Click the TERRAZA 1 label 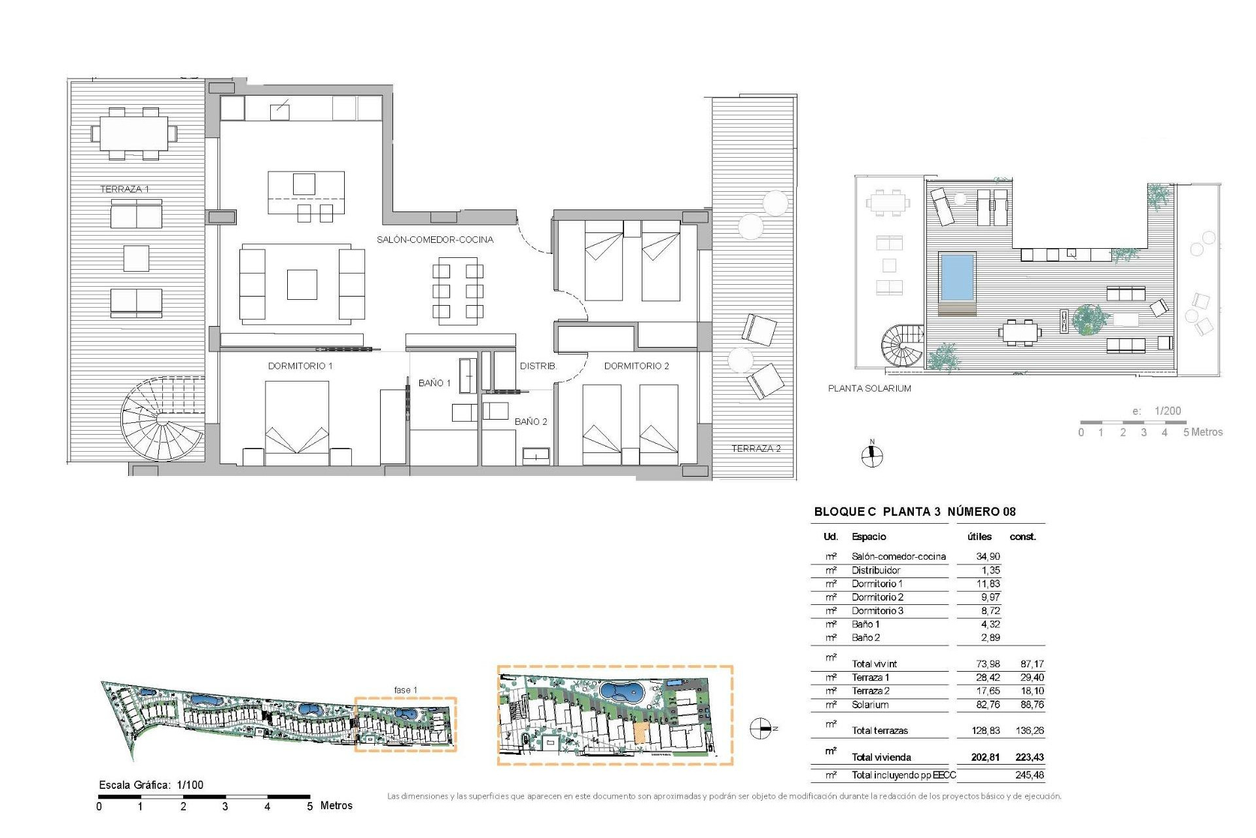(x=124, y=189)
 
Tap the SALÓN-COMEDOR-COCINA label (x=435, y=240)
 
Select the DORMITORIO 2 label (x=637, y=366)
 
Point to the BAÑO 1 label (x=434, y=383)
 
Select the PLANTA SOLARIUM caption (x=869, y=388)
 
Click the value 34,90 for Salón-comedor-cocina (x=988, y=556)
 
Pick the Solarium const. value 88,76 (x=1032, y=705)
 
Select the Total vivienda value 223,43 (x=1030, y=757)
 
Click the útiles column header (x=979, y=537)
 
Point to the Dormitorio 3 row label (x=877, y=611)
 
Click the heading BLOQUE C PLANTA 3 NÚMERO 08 (x=915, y=512)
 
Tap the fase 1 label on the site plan (x=406, y=690)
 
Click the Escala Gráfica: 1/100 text (x=151, y=785)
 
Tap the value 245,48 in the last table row (x=1030, y=775)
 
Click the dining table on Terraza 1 (x=134, y=134)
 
